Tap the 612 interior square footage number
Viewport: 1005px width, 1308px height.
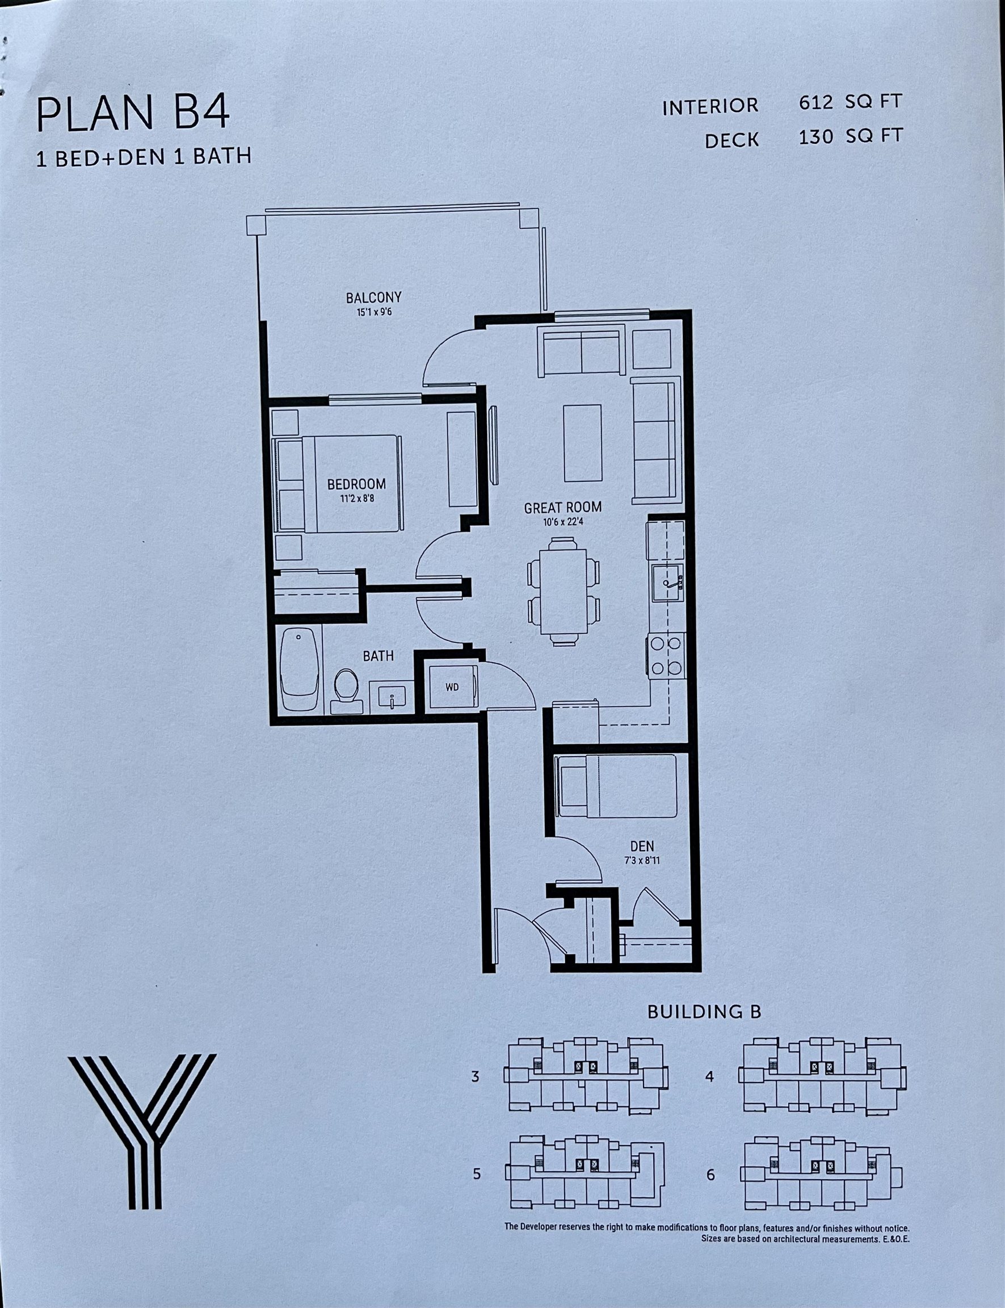pyautogui.click(x=815, y=102)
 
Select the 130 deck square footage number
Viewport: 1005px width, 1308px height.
pyautogui.click(x=816, y=137)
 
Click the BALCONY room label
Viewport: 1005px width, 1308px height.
pyautogui.click(x=373, y=297)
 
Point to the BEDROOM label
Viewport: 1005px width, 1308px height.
pyautogui.click(x=356, y=484)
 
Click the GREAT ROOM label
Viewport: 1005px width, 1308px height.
pyautogui.click(x=563, y=508)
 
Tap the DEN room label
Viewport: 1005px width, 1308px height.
pyautogui.click(x=642, y=846)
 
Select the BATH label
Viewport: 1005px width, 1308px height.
pyautogui.click(x=378, y=656)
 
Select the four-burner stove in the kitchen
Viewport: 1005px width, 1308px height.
pyautogui.click(x=665, y=656)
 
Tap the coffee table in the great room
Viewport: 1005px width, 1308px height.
pyautogui.click(x=582, y=443)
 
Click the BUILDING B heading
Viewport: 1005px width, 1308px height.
pyautogui.click(x=704, y=1012)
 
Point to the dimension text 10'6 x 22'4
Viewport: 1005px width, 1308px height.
pyautogui.click(x=563, y=522)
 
